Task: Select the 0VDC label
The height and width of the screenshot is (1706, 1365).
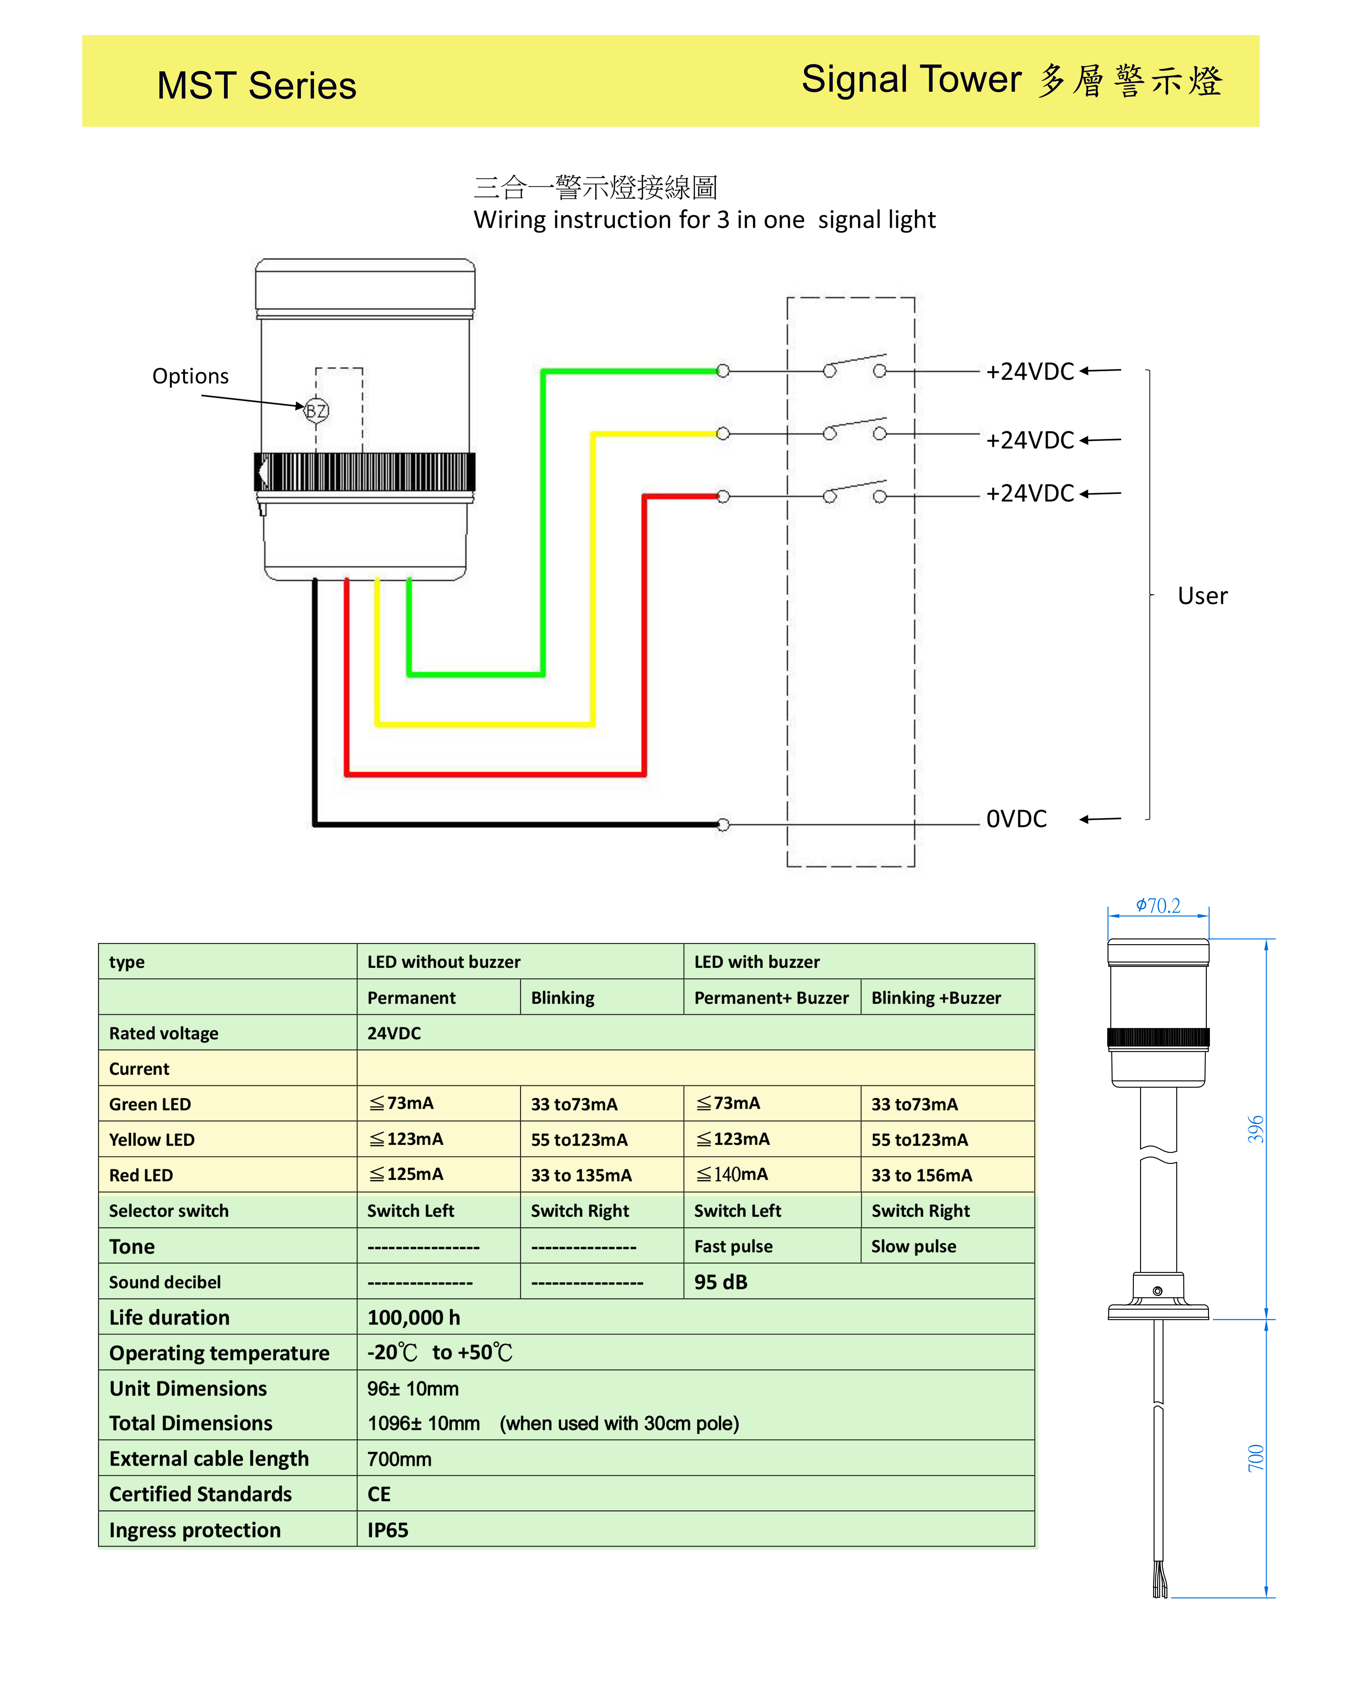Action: (1016, 819)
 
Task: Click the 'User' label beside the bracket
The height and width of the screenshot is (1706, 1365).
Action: (1202, 596)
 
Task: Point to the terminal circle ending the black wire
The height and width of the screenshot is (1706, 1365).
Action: (723, 824)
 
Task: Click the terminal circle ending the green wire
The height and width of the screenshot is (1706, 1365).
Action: (723, 370)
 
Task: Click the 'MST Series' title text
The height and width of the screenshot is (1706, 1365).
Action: (256, 86)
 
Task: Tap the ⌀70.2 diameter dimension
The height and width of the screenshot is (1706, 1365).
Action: (1158, 905)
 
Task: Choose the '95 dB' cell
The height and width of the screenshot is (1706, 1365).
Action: (720, 1282)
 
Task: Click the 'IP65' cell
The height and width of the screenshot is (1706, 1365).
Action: (388, 1530)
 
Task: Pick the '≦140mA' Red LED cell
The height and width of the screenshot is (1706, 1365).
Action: (732, 1174)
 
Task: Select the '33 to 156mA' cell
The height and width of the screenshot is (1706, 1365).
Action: (921, 1175)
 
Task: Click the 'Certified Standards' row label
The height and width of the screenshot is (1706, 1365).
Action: (200, 1494)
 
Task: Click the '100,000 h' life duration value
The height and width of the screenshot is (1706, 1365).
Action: (413, 1317)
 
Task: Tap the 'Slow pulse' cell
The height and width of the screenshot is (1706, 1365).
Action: (913, 1246)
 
